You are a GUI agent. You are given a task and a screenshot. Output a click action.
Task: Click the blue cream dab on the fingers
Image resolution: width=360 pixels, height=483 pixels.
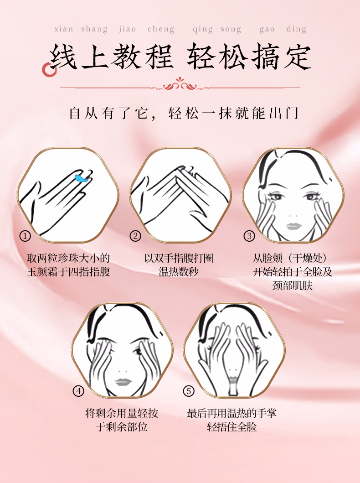click(82, 178)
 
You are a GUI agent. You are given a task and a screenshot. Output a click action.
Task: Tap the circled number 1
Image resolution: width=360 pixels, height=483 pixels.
click(25, 236)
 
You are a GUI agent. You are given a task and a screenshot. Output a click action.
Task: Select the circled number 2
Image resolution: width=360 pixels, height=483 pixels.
click(135, 236)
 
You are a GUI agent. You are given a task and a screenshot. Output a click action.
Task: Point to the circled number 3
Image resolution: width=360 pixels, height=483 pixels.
click(249, 236)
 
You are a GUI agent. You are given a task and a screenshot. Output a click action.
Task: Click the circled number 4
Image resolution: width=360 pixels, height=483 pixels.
click(78, 391)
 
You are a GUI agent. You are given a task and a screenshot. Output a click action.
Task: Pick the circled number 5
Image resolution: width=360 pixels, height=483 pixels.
click(189, 391)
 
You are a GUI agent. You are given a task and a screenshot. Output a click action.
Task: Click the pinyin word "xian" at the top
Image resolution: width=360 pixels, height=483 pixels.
click(64, 29)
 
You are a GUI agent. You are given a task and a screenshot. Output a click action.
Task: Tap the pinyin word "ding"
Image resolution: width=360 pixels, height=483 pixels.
click(296, 29)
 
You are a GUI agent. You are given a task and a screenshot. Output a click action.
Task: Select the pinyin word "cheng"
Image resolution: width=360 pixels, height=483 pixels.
click(161, 29)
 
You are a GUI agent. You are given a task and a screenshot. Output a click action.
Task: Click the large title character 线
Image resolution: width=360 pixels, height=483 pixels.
click(63, 57)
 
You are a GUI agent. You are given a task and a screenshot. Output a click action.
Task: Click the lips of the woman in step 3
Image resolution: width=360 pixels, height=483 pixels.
click(293, 226)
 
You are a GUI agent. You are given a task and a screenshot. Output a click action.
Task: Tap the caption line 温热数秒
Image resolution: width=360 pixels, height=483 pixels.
click(179, 272)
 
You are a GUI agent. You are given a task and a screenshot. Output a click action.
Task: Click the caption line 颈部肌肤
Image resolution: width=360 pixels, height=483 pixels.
click(292, 285)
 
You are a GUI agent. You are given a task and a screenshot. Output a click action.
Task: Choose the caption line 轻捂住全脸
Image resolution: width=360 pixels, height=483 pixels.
click(231, 426)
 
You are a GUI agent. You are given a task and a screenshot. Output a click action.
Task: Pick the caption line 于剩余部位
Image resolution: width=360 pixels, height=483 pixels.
click(122, 426)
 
